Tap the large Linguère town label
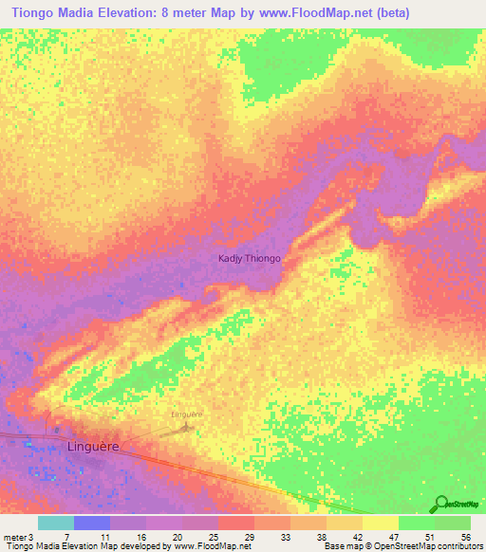click(x=96, y=445)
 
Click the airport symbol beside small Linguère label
click(x=187, y=427)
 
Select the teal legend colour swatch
click(x=56, y=523)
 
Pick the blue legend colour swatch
click(x=92, y=523)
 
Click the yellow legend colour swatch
click(x=381, y=523)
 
